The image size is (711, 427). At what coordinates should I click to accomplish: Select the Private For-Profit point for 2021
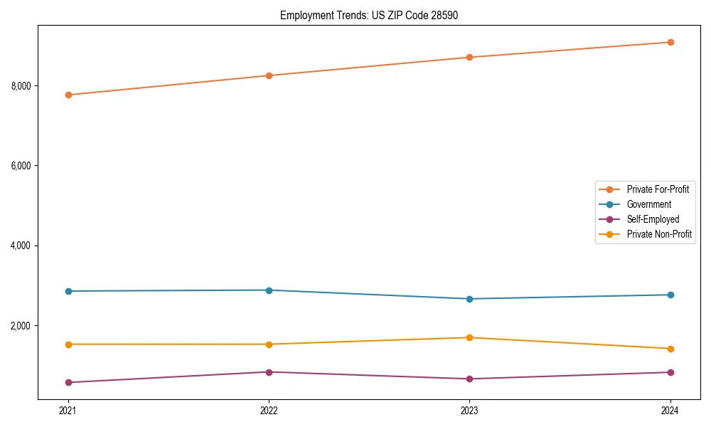click(68, 95)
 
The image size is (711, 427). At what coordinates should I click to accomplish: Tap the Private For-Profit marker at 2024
click(670, 42)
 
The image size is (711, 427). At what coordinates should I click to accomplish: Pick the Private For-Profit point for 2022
click(269, 75)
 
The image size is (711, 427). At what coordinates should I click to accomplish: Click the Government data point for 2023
click(469, 299)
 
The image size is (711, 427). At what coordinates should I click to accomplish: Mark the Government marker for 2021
click(68, 291)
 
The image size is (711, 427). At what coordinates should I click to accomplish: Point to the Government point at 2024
click(670, 295)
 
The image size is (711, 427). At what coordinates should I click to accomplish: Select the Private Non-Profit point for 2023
click(469, 337)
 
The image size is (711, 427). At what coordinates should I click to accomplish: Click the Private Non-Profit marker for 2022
click(269, 344)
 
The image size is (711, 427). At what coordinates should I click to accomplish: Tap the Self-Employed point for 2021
click(68, 382)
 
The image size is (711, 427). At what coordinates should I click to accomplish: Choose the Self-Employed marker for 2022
click(269, 372)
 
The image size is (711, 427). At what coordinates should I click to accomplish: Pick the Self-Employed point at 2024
click(670, 372)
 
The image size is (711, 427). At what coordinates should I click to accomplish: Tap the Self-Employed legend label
click(653, 219)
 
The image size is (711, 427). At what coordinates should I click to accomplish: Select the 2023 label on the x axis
click(469, 411)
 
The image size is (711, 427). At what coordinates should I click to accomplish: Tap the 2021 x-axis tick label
click(68, 411)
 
